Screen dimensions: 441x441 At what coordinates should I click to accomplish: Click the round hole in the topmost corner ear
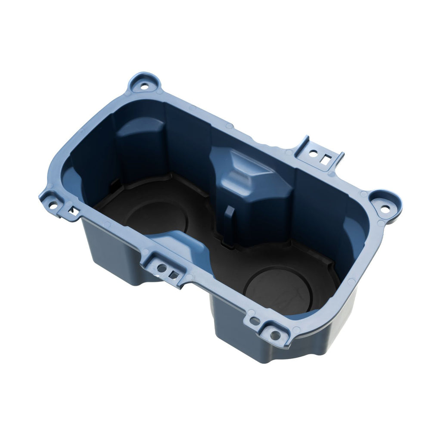(144, 84)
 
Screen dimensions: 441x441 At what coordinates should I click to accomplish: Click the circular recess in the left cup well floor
(157, 219)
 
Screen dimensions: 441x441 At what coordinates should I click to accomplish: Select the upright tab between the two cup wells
(229, 224)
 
